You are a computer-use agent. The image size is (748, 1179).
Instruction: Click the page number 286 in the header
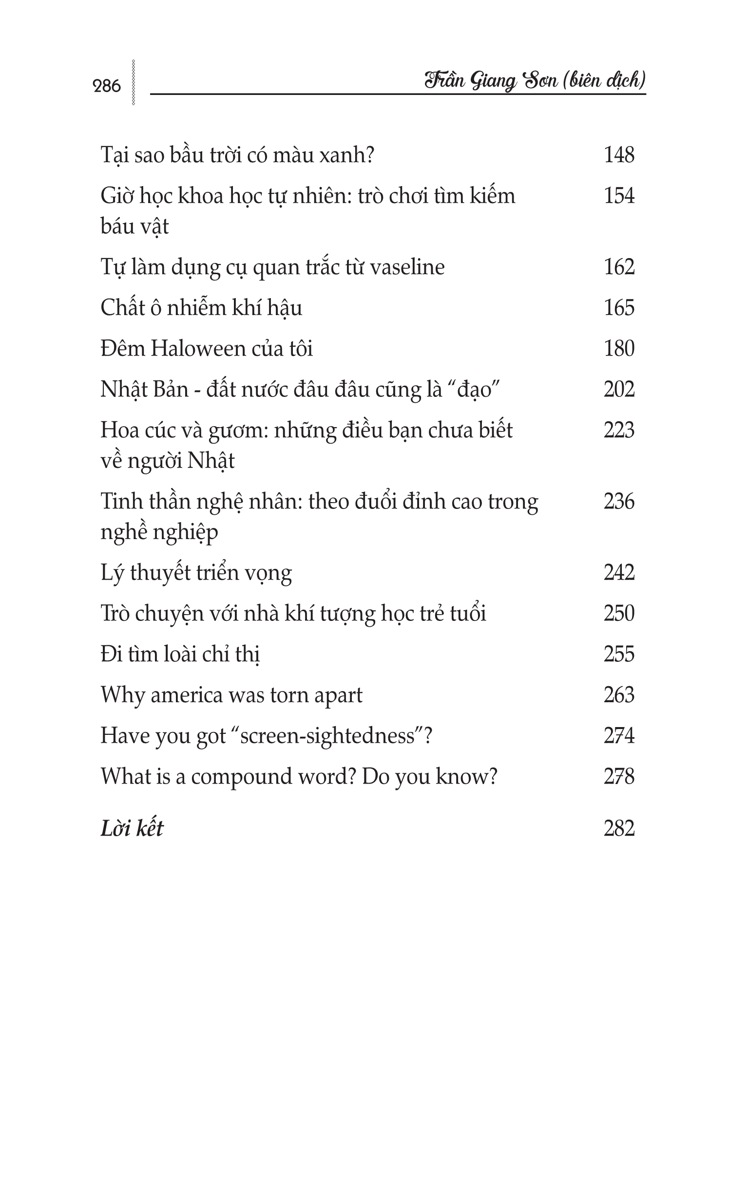click(x=106, y=86)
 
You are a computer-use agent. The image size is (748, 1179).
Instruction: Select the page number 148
click(x=619, y=155)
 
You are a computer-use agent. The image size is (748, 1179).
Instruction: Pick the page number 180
click(x=619, y=349)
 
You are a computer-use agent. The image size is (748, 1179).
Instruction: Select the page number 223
click(x=619, y=430)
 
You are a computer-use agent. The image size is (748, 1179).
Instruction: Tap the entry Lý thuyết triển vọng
click(x=196, y=573)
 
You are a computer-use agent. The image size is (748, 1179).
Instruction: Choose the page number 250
click(x=619, y=614)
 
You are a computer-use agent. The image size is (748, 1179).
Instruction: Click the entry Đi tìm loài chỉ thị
click(x=180, y=655)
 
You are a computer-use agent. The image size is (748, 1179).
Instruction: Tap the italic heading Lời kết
click(x=132, y=828)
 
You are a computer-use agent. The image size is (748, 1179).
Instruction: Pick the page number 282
click(x=619, y=828)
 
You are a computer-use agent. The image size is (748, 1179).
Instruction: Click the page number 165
click(x=619, y=308)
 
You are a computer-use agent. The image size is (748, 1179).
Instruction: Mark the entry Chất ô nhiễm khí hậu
click(x=201, y=308)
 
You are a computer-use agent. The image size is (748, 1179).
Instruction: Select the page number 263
click(x=619, y=695)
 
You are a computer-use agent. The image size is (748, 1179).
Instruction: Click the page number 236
click(x=619, y=502)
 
